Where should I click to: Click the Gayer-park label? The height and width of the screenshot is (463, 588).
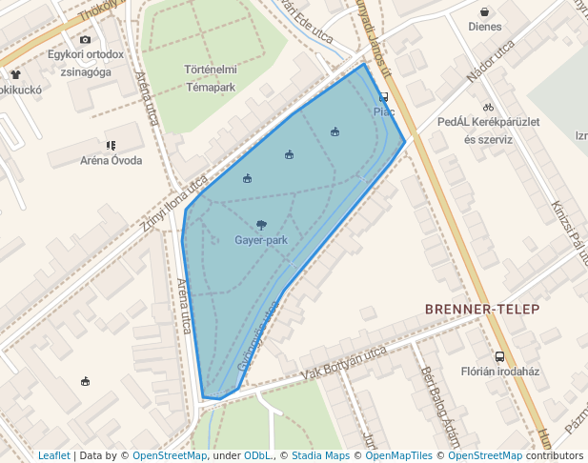tap(261, 240)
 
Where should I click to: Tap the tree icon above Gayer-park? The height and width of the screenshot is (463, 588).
tap(261, 225)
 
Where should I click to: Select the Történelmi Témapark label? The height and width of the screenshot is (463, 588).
tap(211, 77)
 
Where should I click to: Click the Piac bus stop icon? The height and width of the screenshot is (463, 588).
tap(384, 97)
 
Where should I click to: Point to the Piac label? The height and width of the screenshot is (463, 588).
tap(384, 111)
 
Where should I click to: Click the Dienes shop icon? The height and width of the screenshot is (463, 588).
tap(485, 12)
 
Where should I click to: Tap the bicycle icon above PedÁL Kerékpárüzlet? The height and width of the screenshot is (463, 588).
tap(488, 107)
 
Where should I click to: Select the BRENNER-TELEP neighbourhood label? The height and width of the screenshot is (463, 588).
tap(482, 309)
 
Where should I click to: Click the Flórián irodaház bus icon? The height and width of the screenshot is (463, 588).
tap(499, 356)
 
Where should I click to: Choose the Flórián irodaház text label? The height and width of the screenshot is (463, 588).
tap(500, 372)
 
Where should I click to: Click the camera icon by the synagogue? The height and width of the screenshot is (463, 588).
tap(86, 39)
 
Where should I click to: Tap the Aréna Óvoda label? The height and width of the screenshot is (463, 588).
tap(111, 160)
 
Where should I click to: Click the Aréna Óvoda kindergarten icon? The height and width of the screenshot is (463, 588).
tap(112, 145)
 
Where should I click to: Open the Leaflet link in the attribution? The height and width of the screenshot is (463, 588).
tap(53, 455)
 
